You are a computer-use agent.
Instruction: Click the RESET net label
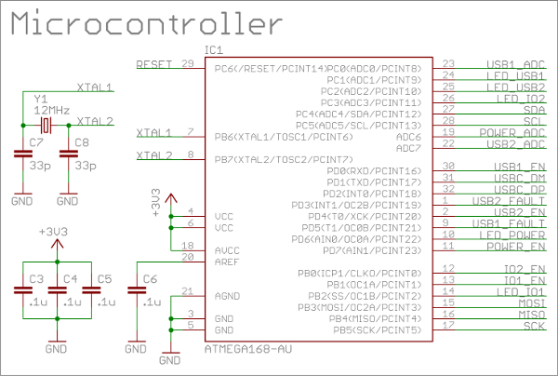154,64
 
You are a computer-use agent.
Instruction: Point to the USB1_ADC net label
514,64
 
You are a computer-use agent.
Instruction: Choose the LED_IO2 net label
520,99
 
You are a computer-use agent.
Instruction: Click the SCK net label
533,326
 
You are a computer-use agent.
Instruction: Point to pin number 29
188,64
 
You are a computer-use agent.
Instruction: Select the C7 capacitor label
36,141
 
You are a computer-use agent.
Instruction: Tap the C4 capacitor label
69,278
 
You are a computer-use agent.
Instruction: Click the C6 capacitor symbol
139,291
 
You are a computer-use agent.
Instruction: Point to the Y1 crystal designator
39,98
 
